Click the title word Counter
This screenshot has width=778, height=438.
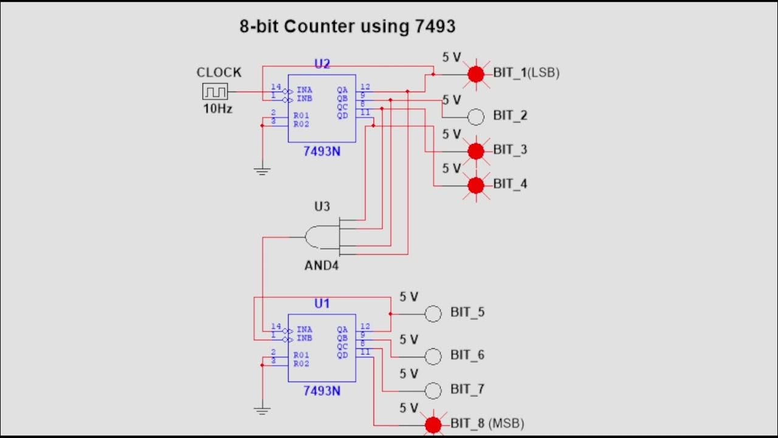point(318,27)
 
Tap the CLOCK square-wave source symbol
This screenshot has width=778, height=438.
point(215,92)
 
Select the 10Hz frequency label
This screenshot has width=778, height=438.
point(218,109)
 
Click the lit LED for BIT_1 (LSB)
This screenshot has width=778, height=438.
point(476,74)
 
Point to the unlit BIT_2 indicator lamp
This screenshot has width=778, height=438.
point(476,116)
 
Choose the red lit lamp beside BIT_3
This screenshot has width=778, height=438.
point(476,150)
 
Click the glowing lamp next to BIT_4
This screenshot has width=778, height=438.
point(476,185)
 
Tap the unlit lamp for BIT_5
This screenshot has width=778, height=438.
point(433,314)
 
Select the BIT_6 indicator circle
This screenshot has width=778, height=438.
point(433,356)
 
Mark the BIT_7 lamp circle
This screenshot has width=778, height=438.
point(433,390)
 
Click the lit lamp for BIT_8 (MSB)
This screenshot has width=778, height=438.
point(433,425)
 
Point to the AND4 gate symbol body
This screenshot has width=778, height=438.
point(321,237)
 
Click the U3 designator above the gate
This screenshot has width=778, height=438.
point(322,207)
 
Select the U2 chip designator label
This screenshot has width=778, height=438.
point(322,64)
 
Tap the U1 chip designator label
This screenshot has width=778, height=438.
point(322,304)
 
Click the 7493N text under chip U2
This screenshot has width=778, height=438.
point(322,151)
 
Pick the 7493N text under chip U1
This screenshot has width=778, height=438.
point(322,391)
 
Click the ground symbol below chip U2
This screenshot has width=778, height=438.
point(262,172)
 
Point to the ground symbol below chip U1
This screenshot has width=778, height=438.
point(262,411)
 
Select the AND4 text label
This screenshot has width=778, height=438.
point(322,266)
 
